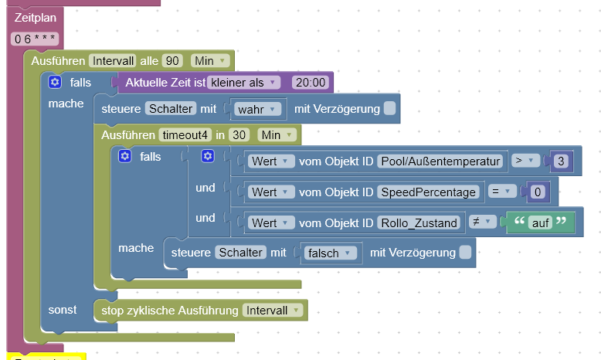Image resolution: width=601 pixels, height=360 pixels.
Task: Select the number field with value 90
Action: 172,60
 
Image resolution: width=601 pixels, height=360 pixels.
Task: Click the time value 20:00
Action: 311,82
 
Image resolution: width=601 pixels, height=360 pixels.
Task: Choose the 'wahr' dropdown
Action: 255,109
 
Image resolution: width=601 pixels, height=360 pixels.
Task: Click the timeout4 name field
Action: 185,134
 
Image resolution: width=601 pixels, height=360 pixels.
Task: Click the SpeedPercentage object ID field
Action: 427,192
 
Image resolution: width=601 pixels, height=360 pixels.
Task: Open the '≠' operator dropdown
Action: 482,222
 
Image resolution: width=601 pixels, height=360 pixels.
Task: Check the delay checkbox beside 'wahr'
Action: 390,109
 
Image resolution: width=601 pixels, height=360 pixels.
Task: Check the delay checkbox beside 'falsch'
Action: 465,253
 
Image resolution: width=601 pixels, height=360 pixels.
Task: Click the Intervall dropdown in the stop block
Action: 273,311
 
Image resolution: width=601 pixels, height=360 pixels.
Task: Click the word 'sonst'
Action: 63,310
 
